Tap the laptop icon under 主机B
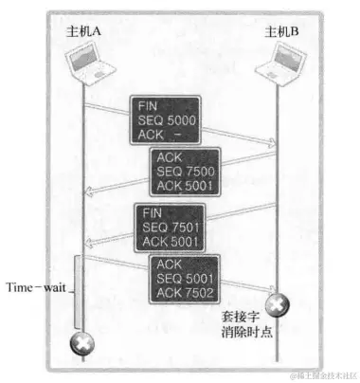pyautogui.click(x=280, y=64)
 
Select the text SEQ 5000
pyautogui.click(x=167, y=121)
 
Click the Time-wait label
pyautogui.click(x=37, y=285)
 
